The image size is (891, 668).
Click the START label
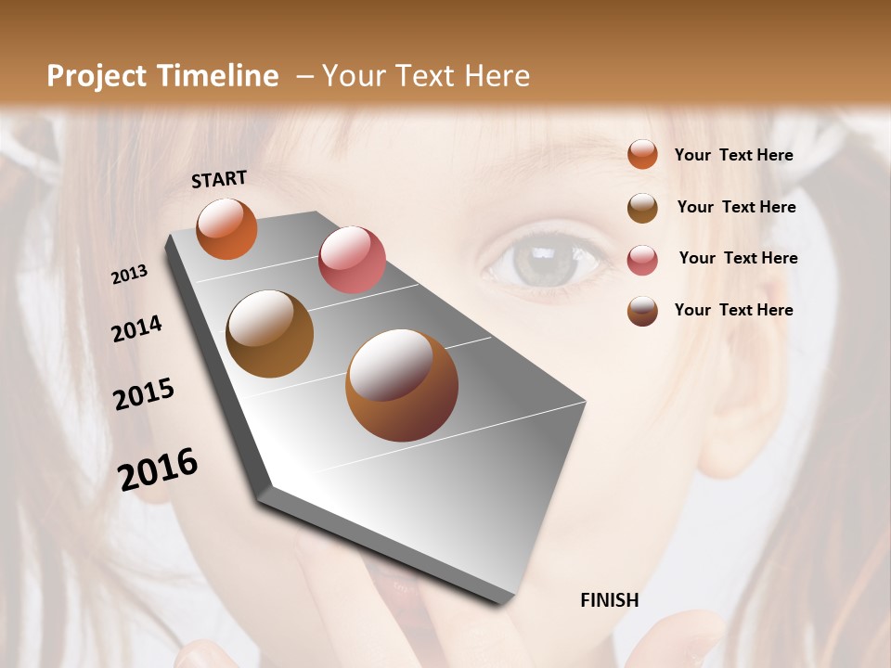point(219,179)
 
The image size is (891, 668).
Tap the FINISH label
point(609,600)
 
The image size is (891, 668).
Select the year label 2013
point(129,275)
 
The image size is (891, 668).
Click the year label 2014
point(136,328)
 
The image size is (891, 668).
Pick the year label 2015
point(144,394)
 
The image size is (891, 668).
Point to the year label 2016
point(158,469)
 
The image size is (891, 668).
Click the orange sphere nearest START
point(227,229)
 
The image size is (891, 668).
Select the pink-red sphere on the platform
point(352,259)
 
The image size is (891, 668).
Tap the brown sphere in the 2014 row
point(270,334)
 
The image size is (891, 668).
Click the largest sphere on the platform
point(402,385)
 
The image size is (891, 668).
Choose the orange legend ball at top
point(642,154)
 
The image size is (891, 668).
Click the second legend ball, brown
point(642,208)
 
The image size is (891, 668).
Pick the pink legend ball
point(642,260)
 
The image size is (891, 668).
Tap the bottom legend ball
point(642,311)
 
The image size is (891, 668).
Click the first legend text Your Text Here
point(733,155)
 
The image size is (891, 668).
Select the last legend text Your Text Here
point(733,310)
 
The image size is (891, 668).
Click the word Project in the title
point(97,76)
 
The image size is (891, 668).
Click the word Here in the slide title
point(497,76)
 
